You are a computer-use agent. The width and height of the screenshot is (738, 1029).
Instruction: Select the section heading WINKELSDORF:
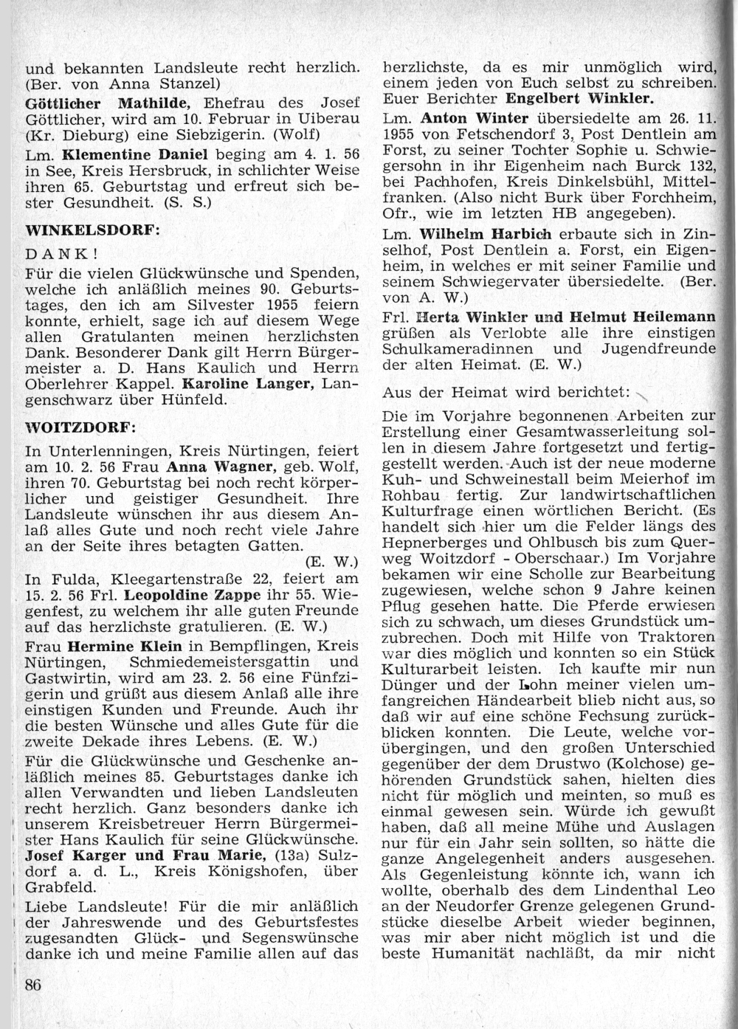[92, 230]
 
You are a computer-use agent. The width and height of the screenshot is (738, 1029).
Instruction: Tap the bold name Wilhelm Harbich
[485, 234]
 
